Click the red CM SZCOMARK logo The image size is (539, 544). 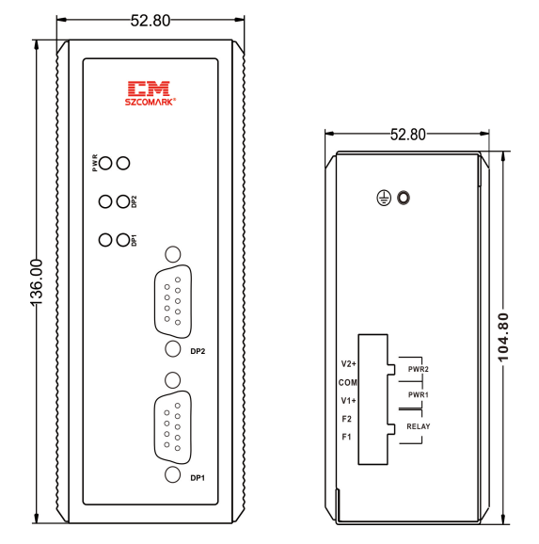pos(151,93)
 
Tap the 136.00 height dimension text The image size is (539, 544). pos(37,282)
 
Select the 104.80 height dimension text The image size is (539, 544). pos(503,337)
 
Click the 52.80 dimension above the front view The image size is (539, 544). pos(151,21)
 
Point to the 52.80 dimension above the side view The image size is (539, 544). pos(408,135)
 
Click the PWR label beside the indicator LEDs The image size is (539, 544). pos(95,163)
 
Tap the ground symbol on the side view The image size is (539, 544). pos(384,198)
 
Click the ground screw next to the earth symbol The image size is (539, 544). pos(404,198)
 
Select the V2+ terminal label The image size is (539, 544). pos(349,363)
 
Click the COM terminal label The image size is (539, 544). pos(347,382)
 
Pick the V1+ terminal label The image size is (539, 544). pos(349,401)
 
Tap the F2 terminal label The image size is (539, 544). pos(347,419)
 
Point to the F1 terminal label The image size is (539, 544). pos(347,437)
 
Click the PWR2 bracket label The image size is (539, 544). pos(419,369)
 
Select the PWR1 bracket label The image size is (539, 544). pos(419,394)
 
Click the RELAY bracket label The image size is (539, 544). pos(419,426)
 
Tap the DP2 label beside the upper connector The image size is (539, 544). pos(198,351)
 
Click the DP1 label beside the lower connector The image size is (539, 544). pos(198,478)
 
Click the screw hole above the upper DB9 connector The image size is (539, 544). pos(173,254)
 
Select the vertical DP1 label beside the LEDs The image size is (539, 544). pos(135,240)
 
